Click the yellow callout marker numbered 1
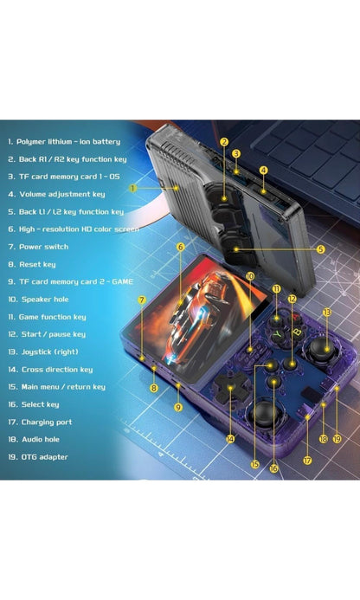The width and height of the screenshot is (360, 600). point(133,187)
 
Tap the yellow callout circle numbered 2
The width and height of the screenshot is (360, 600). point(223,142)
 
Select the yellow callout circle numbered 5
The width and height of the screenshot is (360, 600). point(319,248)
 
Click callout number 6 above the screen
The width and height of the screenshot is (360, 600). point(180,247)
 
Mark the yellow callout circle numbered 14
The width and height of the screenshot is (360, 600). point(229,439)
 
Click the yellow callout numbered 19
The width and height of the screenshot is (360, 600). point(337,439)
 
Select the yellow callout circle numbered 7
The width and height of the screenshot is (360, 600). point(141,300)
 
